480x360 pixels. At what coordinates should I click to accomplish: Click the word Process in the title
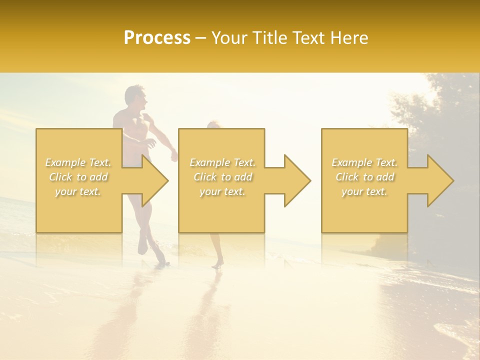pyautogui.click(x=157, y=38)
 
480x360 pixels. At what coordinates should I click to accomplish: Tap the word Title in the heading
pyautogui.click(x=271, y=38)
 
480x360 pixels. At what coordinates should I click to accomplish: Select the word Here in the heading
pyautogui.click(x=350, y=38)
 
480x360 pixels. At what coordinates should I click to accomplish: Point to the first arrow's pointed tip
pyautogui.click(x=167, y=180)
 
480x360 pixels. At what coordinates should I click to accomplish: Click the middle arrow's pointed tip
pyautogui.click(x=309, y=180)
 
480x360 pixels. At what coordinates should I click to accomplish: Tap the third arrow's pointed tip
pyautogui.click(x=452, y=180)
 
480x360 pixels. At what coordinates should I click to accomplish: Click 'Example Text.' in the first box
pyautogui.click(x=78, y=162)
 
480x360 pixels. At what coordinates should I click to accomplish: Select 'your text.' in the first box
pyautogui.click(x=78, y=191)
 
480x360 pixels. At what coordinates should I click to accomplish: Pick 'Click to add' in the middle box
pyautogui.click(x=222, y=177)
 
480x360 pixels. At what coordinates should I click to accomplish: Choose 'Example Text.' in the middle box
pyautogui.click(x=222, y=162)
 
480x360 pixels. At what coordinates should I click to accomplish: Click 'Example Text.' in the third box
pyautogui.click(x=364, y=162)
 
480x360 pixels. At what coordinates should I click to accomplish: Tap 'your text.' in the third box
pyautogui.click(x=364, y=191)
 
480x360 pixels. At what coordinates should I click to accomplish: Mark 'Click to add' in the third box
pyautogui.click(x=364, y=177)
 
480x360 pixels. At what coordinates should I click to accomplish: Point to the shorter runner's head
pyautogui.click(x=212, y=125)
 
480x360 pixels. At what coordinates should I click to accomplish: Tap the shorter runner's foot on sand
pyautogui.click(x=216, y=265)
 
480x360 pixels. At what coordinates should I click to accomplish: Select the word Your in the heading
pyautogui.click(x=230, y=38)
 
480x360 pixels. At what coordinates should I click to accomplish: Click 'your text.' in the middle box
pyautogui.click(x=222, y=191)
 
